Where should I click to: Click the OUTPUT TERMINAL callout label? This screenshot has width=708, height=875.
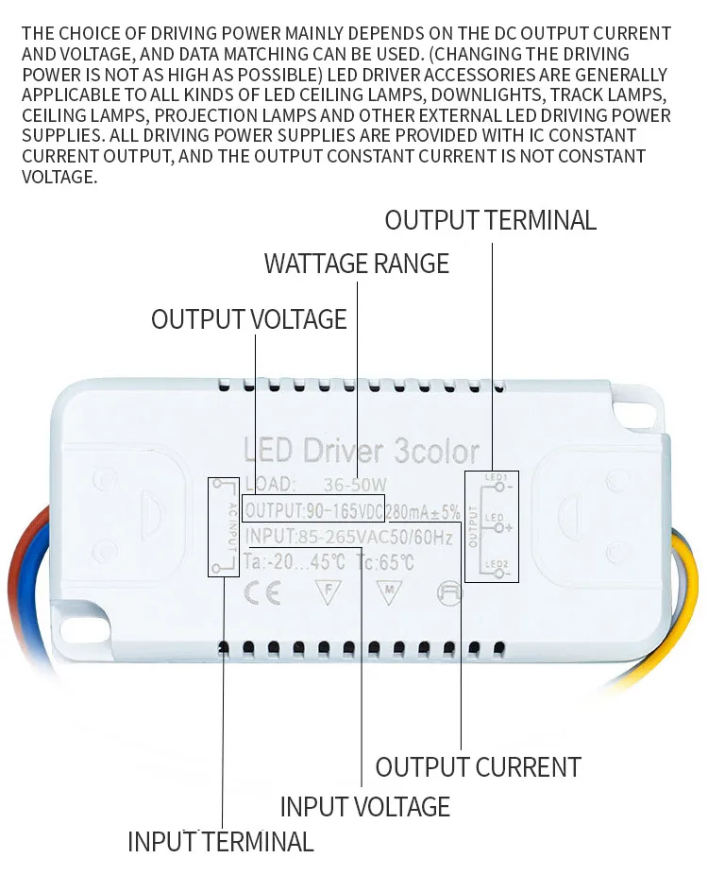point(490,220)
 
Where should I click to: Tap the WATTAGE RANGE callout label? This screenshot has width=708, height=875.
point(356,263)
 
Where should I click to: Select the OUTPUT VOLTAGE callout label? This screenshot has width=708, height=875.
point(249,319)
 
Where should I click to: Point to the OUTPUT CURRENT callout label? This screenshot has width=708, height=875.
point(478,766)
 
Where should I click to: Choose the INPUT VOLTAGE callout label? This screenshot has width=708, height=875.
point(364,807)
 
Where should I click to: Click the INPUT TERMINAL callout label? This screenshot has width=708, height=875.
point(220,841)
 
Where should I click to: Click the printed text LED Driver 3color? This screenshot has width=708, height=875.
point(361,451)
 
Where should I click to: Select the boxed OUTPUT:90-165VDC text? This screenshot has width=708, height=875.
point(312,510)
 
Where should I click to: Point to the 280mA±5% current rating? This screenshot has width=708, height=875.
point(424,511)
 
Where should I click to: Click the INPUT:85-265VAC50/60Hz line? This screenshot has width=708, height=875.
point(348,539)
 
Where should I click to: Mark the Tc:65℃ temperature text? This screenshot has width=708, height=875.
point(382,563)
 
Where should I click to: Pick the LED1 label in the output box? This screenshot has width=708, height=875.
point(496,478)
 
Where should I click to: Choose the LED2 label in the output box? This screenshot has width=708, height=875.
point(496,564)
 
